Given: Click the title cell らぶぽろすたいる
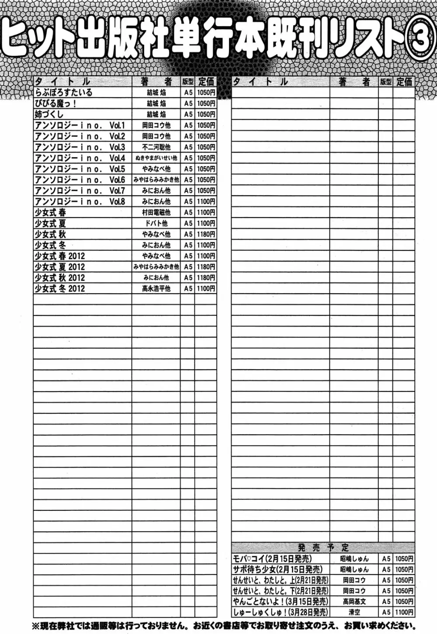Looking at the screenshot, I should click(x=64, y=93).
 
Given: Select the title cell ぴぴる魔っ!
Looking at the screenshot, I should click(x=57, y=104).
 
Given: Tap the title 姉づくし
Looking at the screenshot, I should click(x=49, y=114).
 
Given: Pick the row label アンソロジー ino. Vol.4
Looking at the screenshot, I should click(x=80, y=158).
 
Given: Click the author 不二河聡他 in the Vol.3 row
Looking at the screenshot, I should click(x=156, y=147).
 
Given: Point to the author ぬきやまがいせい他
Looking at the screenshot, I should click(x=156, y=158).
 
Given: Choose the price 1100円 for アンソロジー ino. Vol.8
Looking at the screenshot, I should click(x=206, y=201).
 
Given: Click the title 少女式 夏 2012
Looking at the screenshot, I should click(x=60, y=267).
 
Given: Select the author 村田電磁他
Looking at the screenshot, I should click(x=156, y=212).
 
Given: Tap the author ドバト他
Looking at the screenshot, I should click(x=156, y=223).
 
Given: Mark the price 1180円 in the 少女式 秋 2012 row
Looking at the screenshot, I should click(x=206, y=277).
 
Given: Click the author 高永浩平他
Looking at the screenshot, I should click(x=156, y=288).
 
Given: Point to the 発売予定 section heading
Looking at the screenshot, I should click(x=323, y=547).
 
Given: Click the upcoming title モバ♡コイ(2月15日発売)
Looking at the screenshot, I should click(x=272, y=558).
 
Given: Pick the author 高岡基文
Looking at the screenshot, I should click(x=354, y=602).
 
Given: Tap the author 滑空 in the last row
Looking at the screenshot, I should click(x=354, y=613).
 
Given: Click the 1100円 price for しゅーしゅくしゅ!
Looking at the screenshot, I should click(x=404, y=613).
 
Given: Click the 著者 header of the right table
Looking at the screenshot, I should click(x=354, y=82).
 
